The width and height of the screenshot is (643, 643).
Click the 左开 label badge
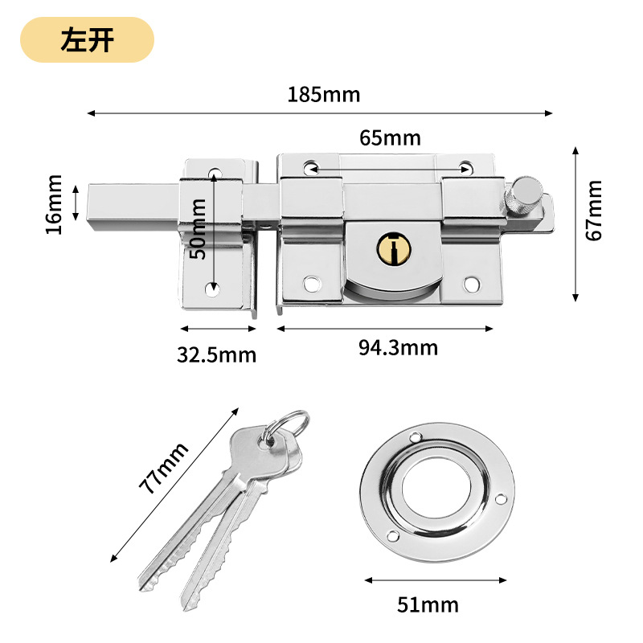(87, 40)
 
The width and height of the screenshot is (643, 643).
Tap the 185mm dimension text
(324, 94)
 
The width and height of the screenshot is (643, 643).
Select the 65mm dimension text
(390, 138)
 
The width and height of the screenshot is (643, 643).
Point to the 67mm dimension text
(594, 211)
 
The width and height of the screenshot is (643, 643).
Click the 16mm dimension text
(54, 205)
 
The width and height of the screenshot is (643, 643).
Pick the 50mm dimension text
(199, 229)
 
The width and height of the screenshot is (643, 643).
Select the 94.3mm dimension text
(399, 348)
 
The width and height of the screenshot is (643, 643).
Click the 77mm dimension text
(162, 469)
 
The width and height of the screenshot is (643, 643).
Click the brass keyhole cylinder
(391, 248)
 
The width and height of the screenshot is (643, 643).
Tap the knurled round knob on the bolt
(526, 194)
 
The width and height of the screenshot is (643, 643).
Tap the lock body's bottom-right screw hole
(472, 284)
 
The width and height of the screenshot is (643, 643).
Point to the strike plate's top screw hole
(215, 172)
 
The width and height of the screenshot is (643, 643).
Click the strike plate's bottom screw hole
(212, 289)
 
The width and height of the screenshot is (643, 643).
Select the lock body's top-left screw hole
(310, 167)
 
